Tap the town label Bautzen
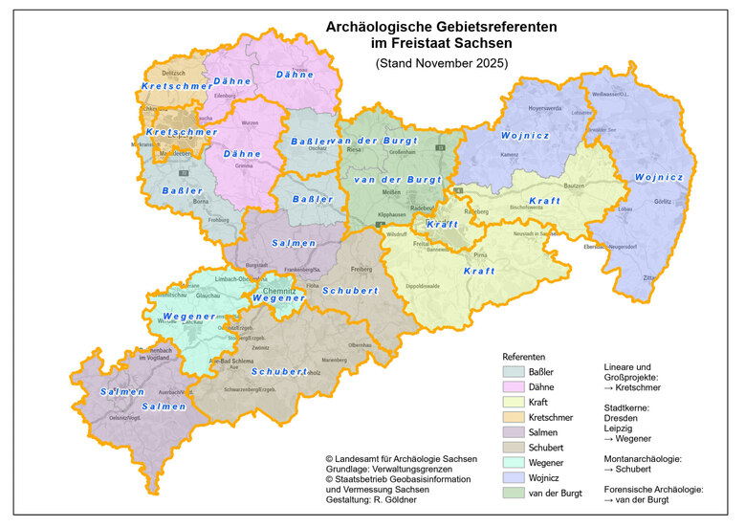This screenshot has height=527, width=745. tap(574, 186)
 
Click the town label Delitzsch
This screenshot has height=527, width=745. tap(173, 73)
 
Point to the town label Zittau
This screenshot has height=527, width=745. tap(649, 275)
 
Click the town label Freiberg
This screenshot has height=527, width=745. tap(362, 269)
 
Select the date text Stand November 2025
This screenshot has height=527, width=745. tap(441, 63)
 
